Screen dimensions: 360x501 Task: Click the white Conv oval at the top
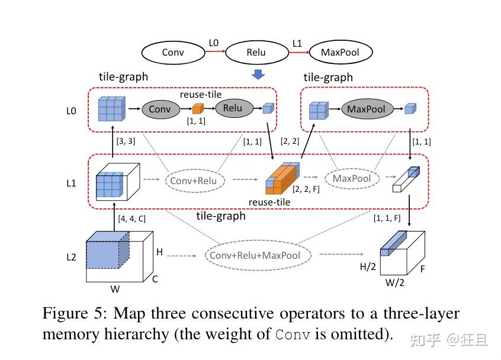pyautogui.click(x=173, y=53)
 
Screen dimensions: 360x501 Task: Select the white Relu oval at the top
pyautogui.click(x=256, y=53)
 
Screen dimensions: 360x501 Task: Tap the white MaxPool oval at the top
pyautogui.click(x=340, y=53)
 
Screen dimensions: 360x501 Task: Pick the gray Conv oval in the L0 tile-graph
pyautogui.click(x=159, y=109)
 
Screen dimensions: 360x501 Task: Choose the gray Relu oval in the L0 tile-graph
pyautogui.click(x=233, y=108)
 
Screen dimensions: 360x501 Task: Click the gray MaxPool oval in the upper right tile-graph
pyautogui.click(x=366, y=109)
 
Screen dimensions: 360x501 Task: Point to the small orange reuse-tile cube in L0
pyautogui.click(x=198, y=109)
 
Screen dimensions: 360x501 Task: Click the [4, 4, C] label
pyautogui.click(x=132, y=218)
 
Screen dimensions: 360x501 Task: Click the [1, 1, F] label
pyautogui.click(x=387, y=218)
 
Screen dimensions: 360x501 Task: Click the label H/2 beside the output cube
pyautogui.click(x=368, y=266)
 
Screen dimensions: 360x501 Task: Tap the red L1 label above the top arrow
pyautogui.click(x=297, y=43)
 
